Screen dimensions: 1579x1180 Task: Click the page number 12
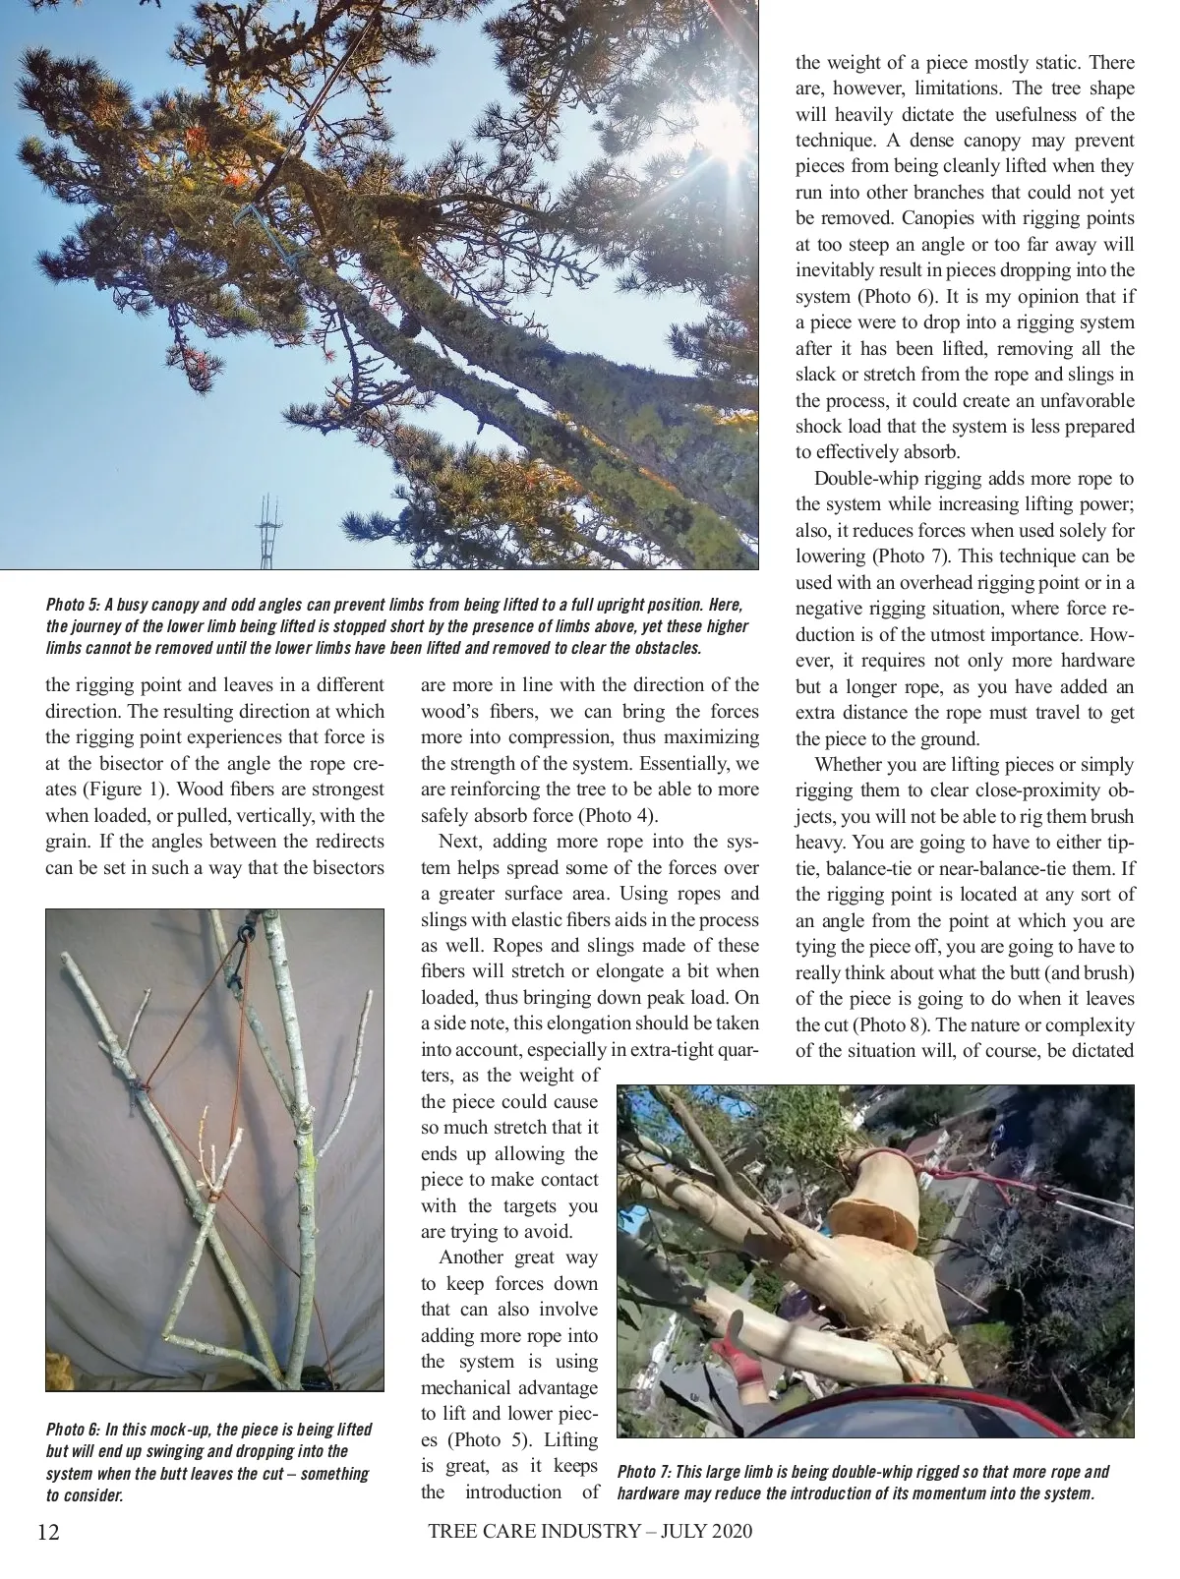[48, 1532]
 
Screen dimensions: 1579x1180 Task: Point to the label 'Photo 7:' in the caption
[645, 1472]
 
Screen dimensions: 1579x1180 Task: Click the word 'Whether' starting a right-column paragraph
[850, 764]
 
